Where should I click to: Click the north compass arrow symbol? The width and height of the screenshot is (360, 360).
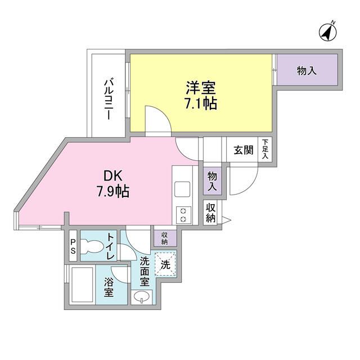pyautogui.click(x=327, y=32)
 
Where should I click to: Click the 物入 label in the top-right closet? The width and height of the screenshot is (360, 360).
pyautogui.click(x=306, y=71)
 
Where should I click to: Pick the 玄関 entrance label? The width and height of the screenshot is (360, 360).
pyautogui.click(x=244, y=150)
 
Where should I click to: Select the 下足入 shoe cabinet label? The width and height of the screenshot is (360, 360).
pyautogui.click(x=265, y=150)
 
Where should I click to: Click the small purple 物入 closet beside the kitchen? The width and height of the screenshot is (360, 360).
pyautogui.click(x=213, y=181)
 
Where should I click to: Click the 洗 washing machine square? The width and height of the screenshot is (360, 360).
pyautogui.click(x=165, y=264)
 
